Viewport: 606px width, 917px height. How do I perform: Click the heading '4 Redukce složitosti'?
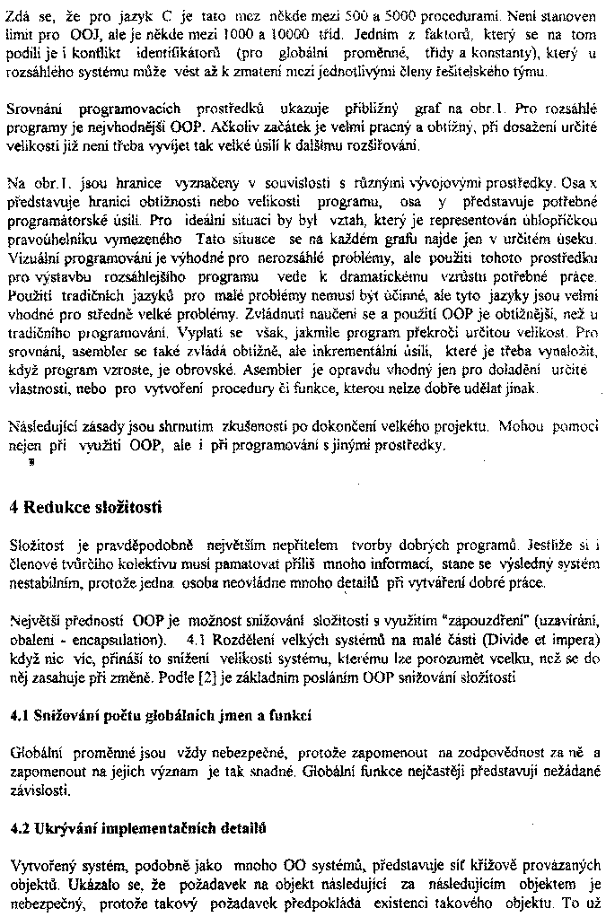85,507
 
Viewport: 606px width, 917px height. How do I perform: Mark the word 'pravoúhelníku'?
49,239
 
